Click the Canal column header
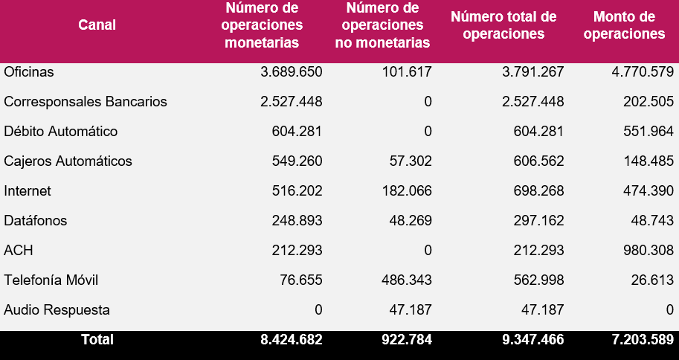pyautogui.click(x=97, y=25)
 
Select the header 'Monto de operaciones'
pyautogui.click(x=624, y=25)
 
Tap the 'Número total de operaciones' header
pyautogui.click(x=503, y=25)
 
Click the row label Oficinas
pyautogui.click(x=29, y=72)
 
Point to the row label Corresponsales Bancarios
pyautogui.click(x=86, y=102)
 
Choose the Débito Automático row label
pyautogui.click(x=61, y=132)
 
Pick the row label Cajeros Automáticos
pyautogui.click(x=68, y=161)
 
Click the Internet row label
pyautogui.click(x=28, y=191)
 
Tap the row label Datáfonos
pyautogui.click(x=35, y=221)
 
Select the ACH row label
pyautogui.click(x=19, y=251)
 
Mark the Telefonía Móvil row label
pyautogui.click(x=51, y=280)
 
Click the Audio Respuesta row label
pyautogui.click(x=57, y=310)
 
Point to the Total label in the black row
pyautogui.click(x=97, y=340)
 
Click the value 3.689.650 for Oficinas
pyautogui.click(x=292, y=72)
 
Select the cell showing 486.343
pyautogui.click(x=404, y=280)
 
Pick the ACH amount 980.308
pyautogui.click(x=646, y=251)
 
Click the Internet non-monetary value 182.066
pyautogui.click(x=404, y=191)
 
